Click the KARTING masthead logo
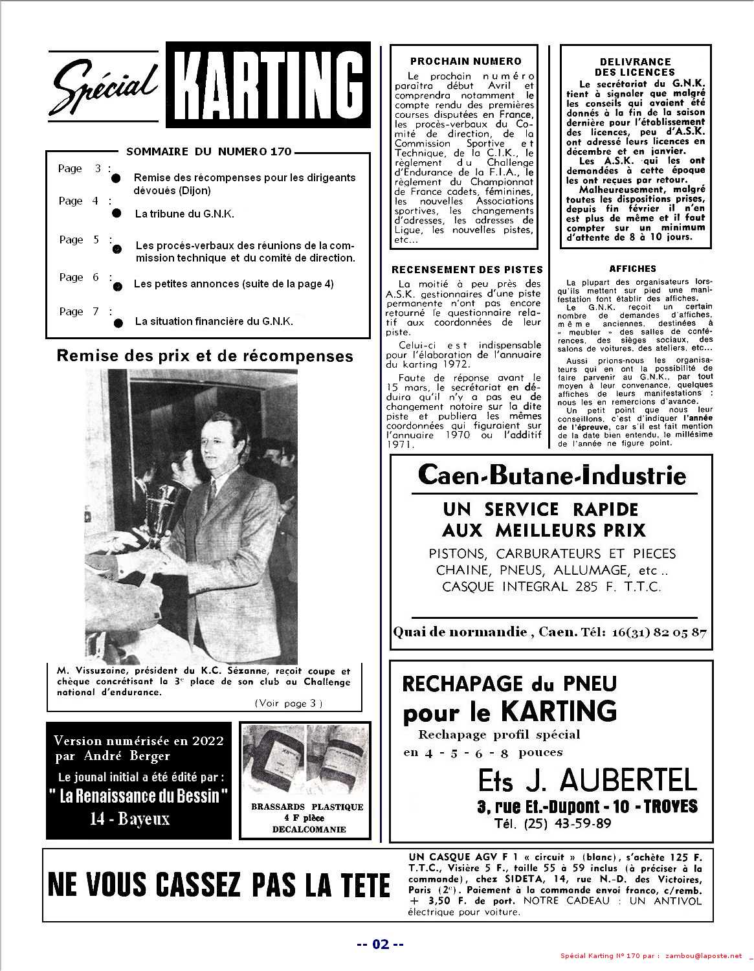click(268, 85)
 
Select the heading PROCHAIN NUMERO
click(465, 61)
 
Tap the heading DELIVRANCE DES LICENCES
click(626, 67)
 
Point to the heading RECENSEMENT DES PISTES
click(467, 269)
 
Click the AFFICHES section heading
click(632, 269)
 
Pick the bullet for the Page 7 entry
click(117, 322)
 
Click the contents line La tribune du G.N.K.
click(184, 214)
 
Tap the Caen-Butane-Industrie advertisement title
click(551, 475)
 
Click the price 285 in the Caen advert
click(588, 587)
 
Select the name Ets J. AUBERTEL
click(588, 779)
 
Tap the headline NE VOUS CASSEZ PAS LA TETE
click(219, 885)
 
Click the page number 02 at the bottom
click(381, 944)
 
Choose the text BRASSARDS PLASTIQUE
click(307, 807)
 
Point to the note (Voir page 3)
click(288, 703)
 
